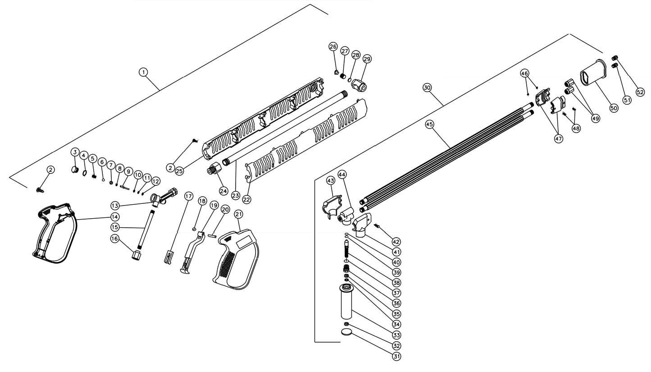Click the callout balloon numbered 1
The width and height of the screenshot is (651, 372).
[x=143, y=72]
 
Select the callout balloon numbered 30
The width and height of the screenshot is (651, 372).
[x=428, y=87]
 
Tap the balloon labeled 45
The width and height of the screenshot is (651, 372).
[x=430, y=124]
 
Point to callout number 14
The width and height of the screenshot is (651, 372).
[x=115, y=217]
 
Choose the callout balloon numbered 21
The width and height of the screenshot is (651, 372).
[x=238, y=214]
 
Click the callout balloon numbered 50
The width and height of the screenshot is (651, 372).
[x=614, y=108]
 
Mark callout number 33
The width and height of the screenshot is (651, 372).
[x=396, y=335]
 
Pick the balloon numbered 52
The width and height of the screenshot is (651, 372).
[x=640, y=92]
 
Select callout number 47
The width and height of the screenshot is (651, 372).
[x=559, y=139]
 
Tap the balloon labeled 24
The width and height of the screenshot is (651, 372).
[x=223, y=191]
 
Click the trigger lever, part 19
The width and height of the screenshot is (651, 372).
[x=191, y=253]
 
